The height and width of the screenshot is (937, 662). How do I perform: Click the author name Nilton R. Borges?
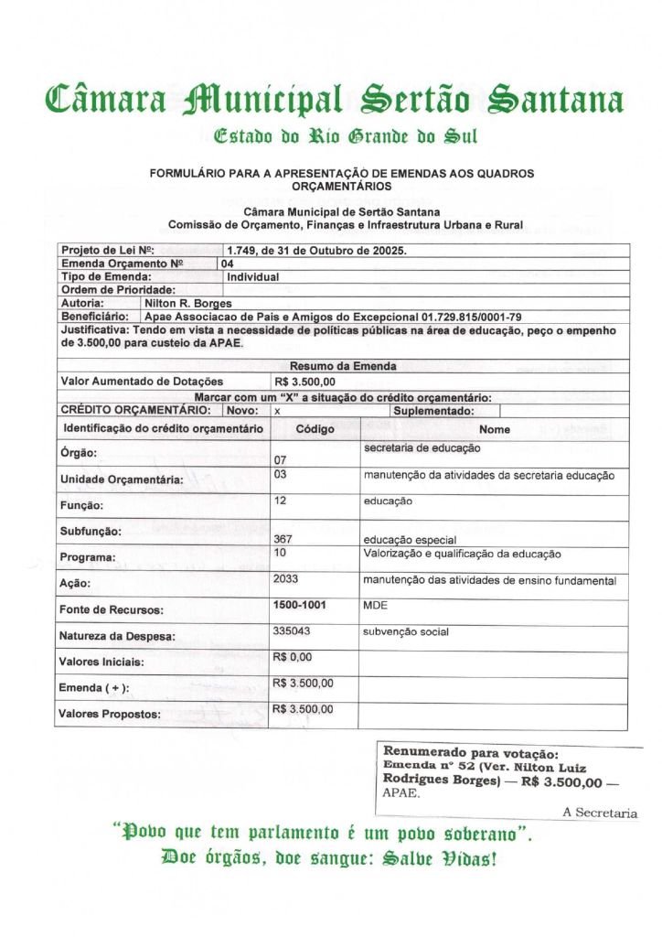pos(188,302)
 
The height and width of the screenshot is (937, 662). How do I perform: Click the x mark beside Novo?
pos(277,412)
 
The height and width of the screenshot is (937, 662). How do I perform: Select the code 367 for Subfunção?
pos(283,539)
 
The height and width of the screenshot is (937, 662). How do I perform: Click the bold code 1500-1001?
pos(299,606)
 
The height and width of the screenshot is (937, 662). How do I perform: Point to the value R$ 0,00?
pos(293,657)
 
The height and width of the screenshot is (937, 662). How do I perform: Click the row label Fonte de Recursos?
pos(112,610)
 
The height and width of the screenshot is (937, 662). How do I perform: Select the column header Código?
pos(315,429)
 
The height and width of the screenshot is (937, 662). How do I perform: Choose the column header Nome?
pos(494,429)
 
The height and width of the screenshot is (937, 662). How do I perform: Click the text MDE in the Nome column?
pos(375,606)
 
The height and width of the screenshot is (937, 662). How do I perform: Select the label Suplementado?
pos(432,412)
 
